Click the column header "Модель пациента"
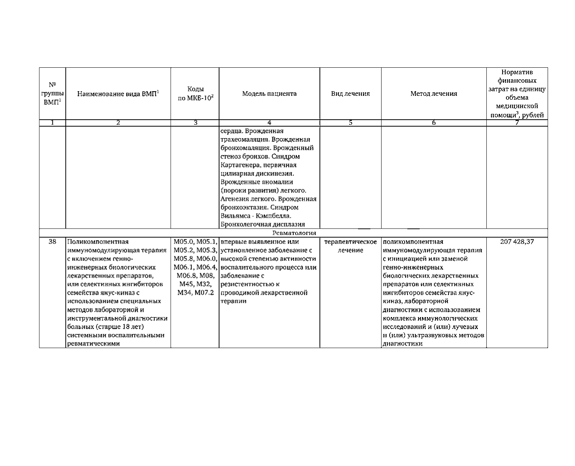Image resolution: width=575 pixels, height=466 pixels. (269, 94)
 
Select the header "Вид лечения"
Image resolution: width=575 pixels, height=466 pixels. (350, 94)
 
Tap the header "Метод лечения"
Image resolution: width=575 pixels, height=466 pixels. (434, 94)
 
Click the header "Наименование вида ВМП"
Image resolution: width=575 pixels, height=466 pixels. (118, 94)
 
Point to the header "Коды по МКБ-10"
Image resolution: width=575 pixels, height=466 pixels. (195, 94)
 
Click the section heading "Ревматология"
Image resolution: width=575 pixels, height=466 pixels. (294, 233)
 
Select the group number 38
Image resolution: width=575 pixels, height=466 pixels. (52, 242)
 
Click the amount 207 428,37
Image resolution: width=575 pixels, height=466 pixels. (517, 242)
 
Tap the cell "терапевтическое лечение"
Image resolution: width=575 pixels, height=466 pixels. (350, 246)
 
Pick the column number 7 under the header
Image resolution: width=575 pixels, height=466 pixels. (517, 123)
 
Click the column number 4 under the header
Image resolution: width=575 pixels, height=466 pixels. (269, 123)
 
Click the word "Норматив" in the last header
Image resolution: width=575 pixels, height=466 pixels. (517, 72)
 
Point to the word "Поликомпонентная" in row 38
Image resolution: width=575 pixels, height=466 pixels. (98, 242)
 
